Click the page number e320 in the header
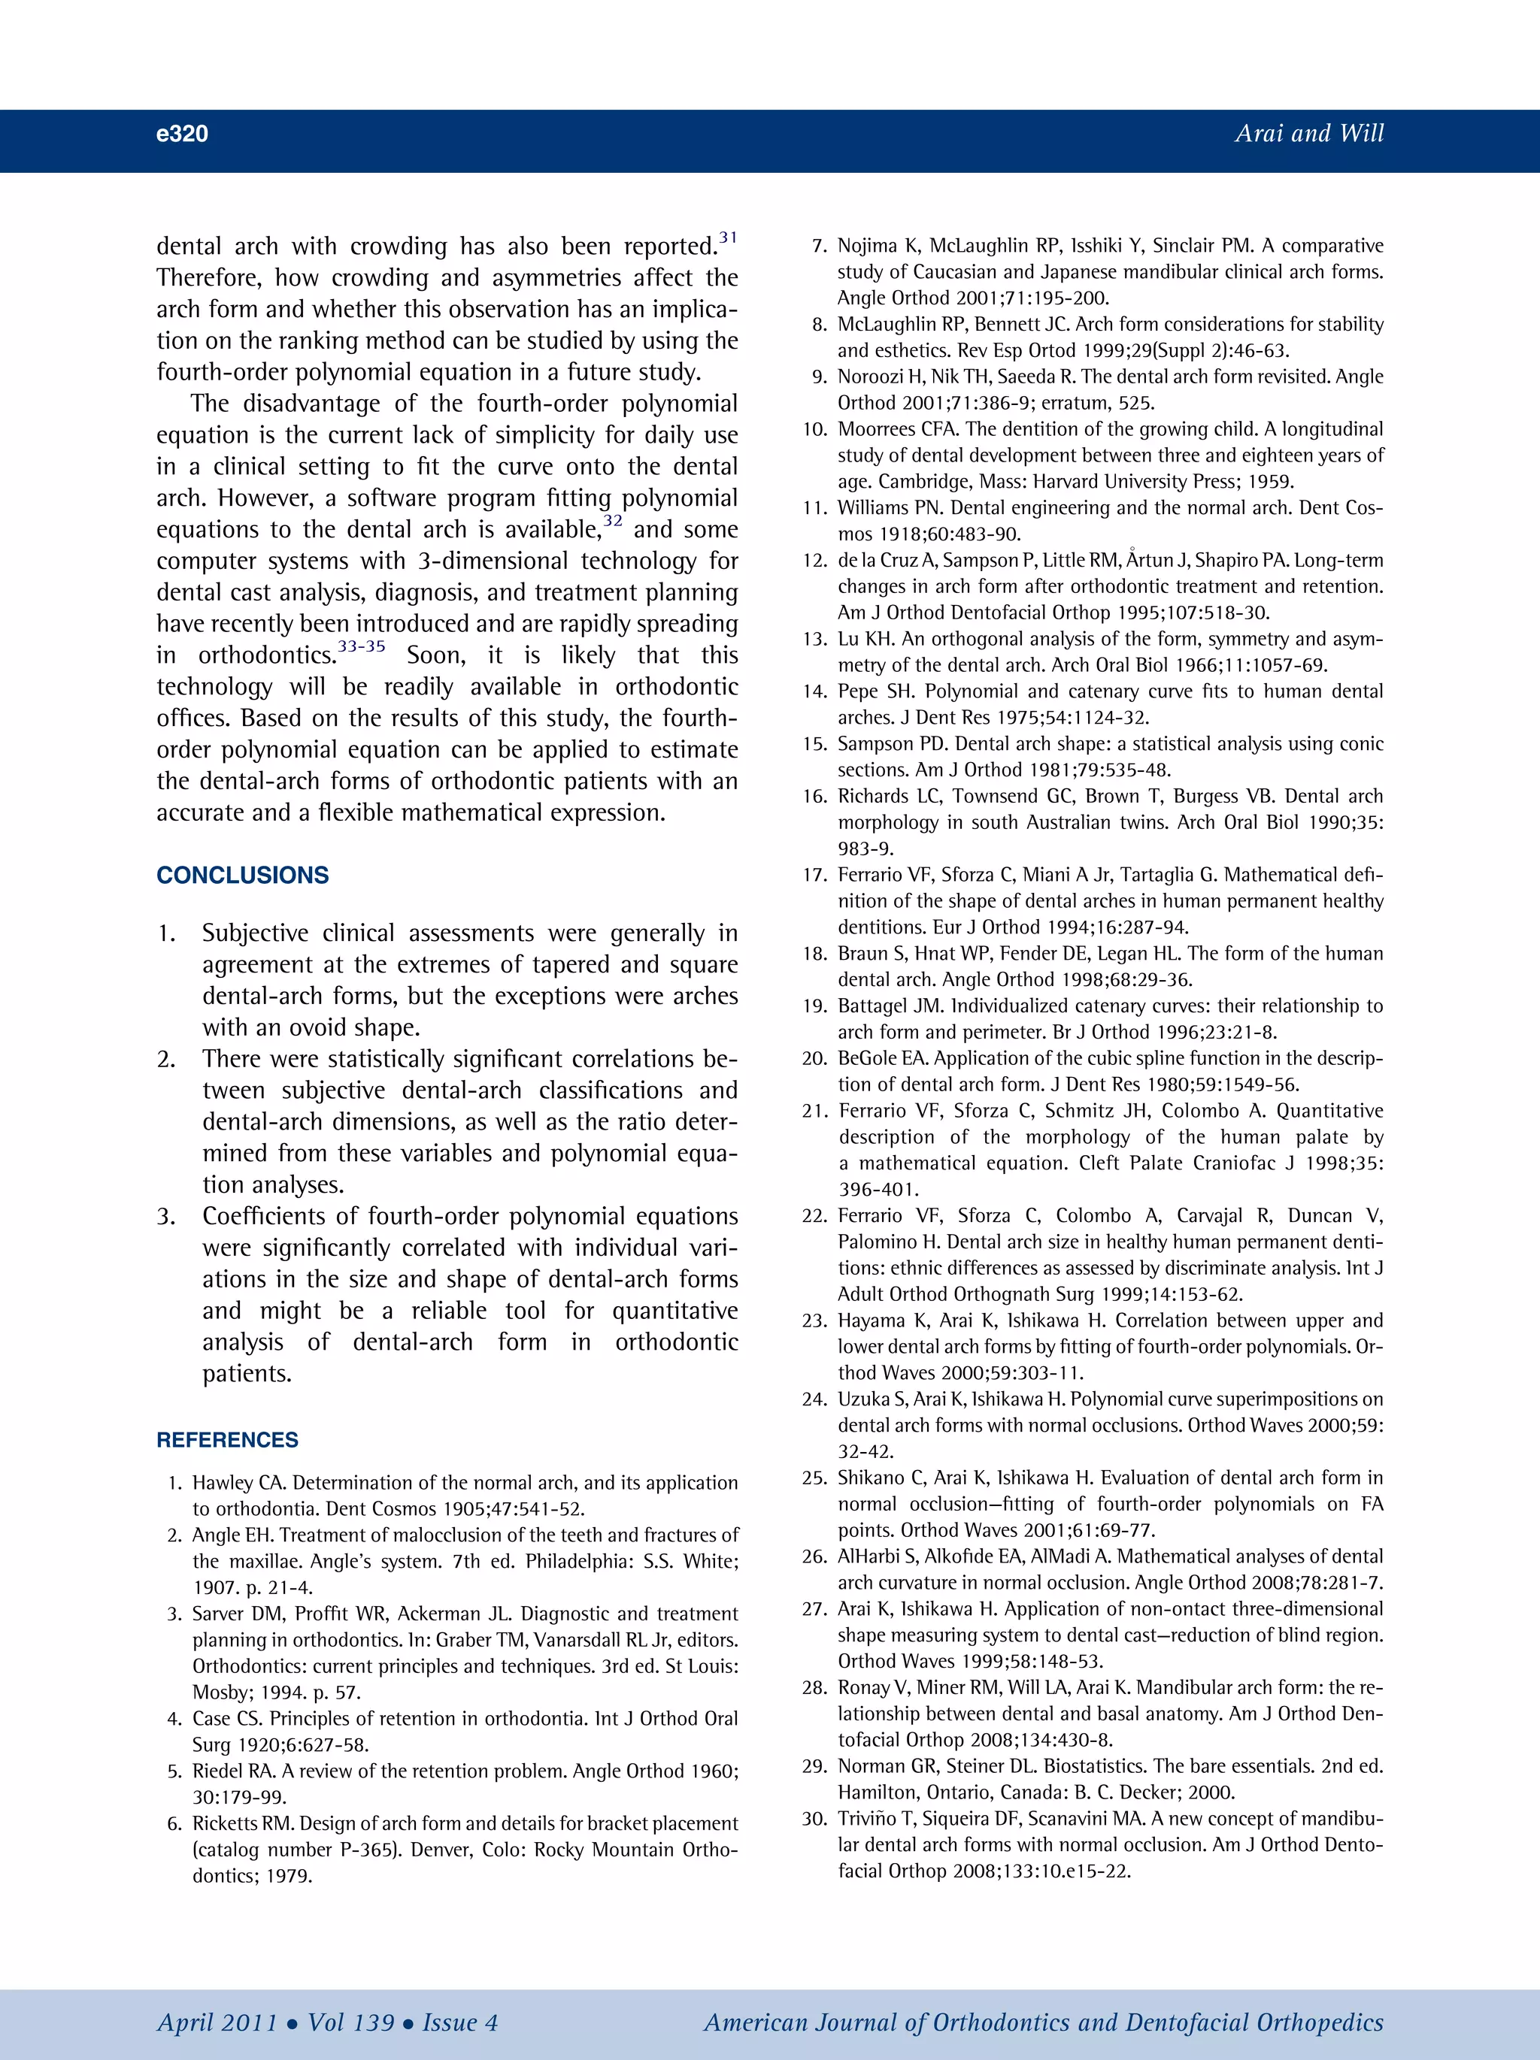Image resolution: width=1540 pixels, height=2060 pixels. click(182, 133)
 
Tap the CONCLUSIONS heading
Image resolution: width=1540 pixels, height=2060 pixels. click(242, 876)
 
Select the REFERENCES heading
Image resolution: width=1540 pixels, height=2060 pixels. click(227, 1440)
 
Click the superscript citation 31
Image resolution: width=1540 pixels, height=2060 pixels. click(728, 237)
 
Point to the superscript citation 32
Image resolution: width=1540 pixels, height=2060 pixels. click(613, 521)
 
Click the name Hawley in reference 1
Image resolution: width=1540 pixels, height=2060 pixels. click(217, 1484)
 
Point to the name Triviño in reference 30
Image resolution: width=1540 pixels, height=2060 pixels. click(865, 1819)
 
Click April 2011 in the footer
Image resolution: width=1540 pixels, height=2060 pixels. click(217, 2022)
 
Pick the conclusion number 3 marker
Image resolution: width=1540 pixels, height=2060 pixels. click(166, 1216)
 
